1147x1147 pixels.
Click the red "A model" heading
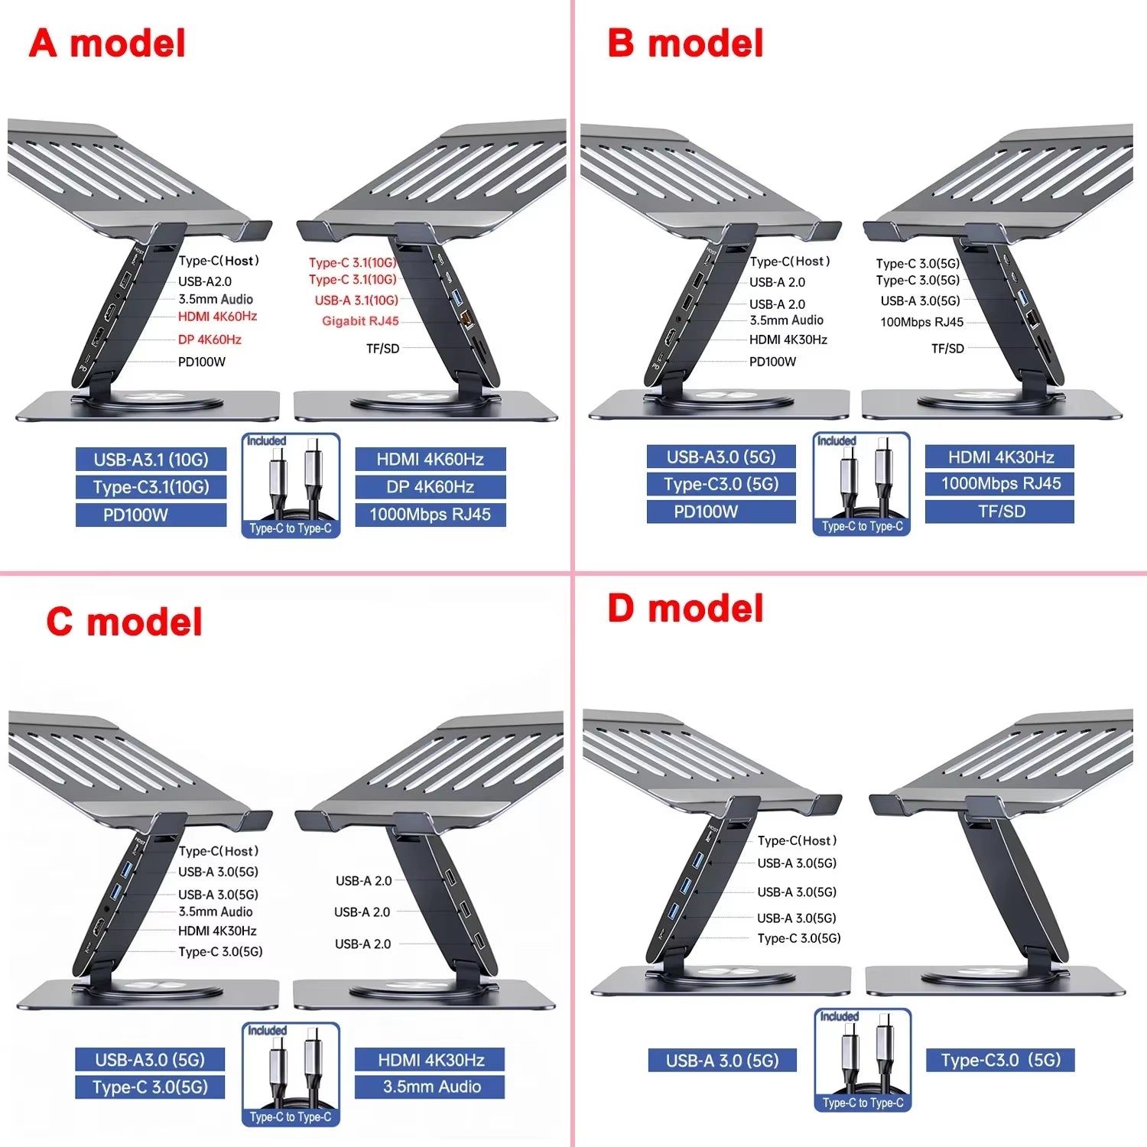pos(107,44)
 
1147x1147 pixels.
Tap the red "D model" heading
pos(685,609)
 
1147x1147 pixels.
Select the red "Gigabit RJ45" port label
pos(360,321)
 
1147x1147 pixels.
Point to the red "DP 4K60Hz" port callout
pos(210,340)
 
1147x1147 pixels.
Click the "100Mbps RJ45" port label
pos(921,322)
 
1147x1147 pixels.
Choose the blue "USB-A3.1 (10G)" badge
pos(151,460)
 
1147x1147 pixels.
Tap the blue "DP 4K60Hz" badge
pos(430,487)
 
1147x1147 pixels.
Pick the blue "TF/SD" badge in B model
pos(999,512)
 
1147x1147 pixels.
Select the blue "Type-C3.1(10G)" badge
pos(151,487)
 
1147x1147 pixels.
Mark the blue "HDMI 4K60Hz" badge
pos(430,460)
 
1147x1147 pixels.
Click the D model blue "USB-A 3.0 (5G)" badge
pos(722,1061)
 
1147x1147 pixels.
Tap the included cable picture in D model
pos(863,1059)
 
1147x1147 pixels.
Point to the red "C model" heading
pos(124,622)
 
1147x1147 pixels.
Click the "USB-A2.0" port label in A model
pos(205,281)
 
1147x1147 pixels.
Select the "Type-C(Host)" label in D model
pos(797,840)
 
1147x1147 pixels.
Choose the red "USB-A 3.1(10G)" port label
pos(356,301)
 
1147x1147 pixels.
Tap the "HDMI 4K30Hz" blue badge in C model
pos(430,1060)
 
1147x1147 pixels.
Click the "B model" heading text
pos(685,44)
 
